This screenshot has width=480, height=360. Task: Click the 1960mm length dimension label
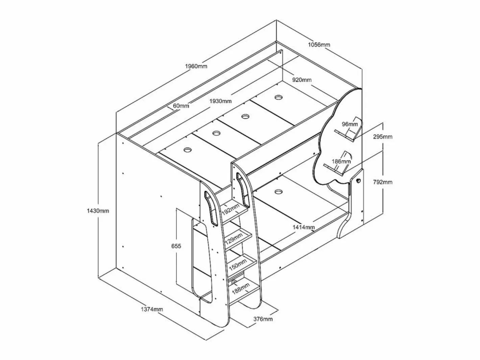[196, 66]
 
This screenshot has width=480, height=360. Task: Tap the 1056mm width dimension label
[319, 45]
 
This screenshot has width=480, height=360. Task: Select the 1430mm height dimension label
[98, 211]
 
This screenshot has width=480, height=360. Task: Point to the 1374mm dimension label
[152, 309]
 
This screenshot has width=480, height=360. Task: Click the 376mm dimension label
[263, 319]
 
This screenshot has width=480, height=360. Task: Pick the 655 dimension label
[176, 246]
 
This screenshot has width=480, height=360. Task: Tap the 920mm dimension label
[302, 80]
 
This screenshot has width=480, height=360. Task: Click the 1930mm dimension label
[220, 101]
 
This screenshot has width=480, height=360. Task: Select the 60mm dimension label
[181, 106]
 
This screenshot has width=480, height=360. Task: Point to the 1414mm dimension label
[304, 227]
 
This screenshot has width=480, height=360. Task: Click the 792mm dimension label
[383, 182]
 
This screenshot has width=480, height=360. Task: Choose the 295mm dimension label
[383, 137]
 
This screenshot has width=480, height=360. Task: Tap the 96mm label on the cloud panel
[350, 124]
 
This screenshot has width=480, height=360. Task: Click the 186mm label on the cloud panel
[341, 161]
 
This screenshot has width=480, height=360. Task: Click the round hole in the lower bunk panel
[279, 192]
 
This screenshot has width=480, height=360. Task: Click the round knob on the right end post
[358, 180]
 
